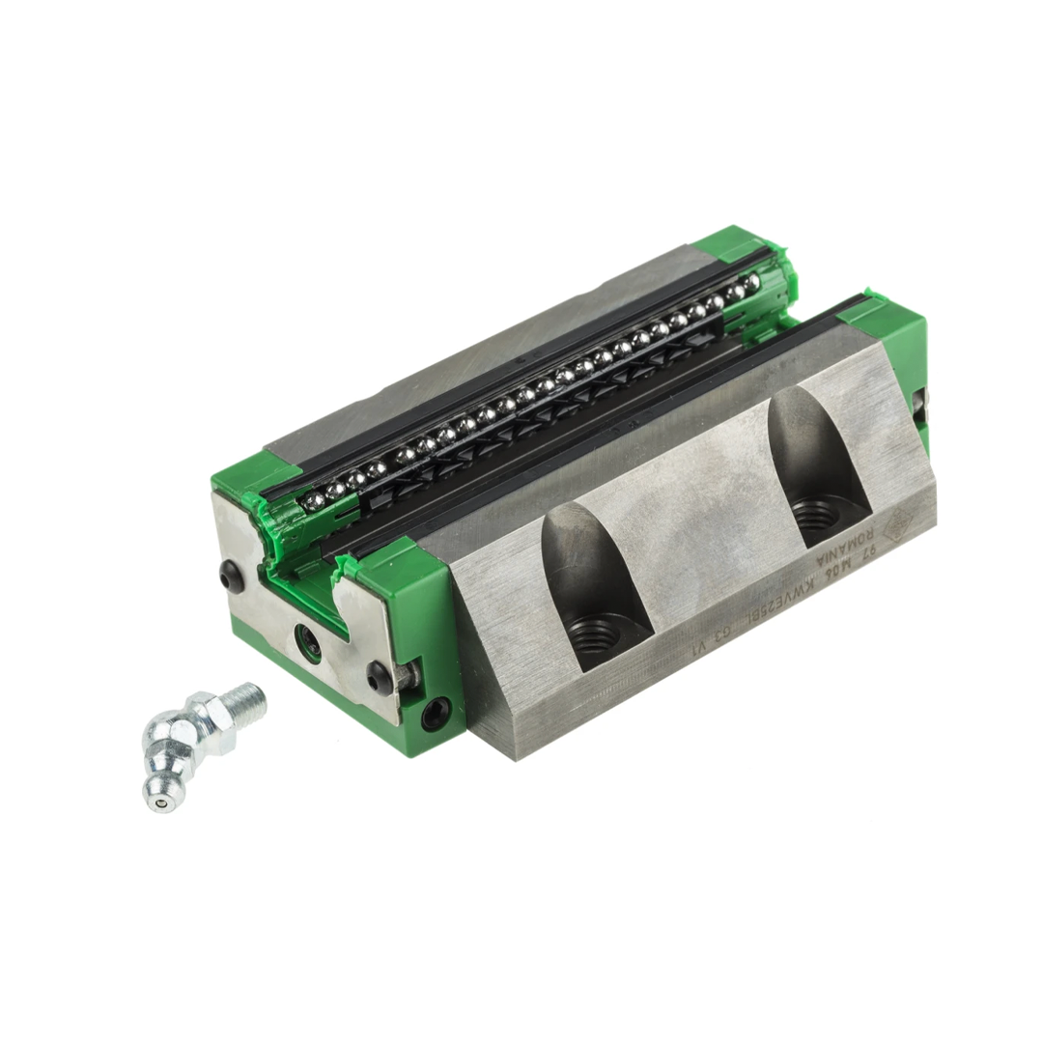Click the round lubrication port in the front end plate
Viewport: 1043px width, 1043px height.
(x=308, y=639)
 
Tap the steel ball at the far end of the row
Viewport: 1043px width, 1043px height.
(x=751, y=281)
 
